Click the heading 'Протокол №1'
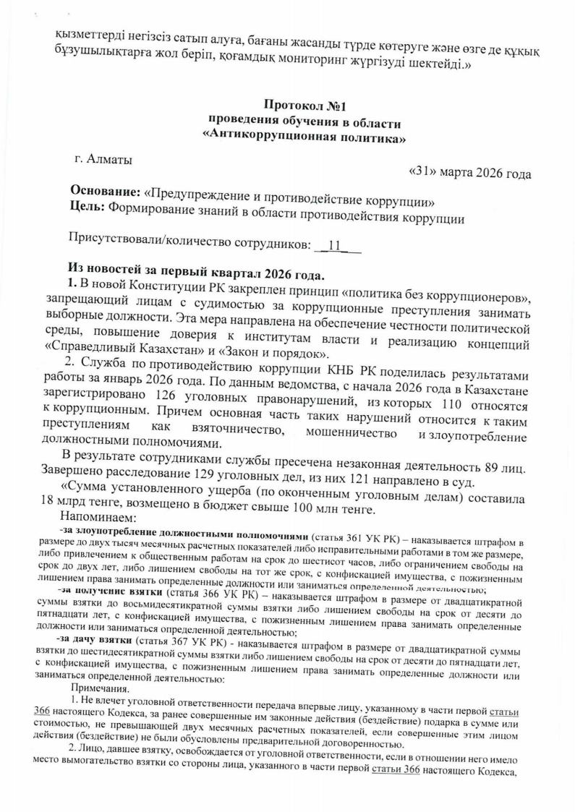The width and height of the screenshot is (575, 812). [x=304, y=106]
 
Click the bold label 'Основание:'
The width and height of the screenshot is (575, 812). [x=106, y=191]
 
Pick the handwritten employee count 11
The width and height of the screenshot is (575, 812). [x=335, y=244]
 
